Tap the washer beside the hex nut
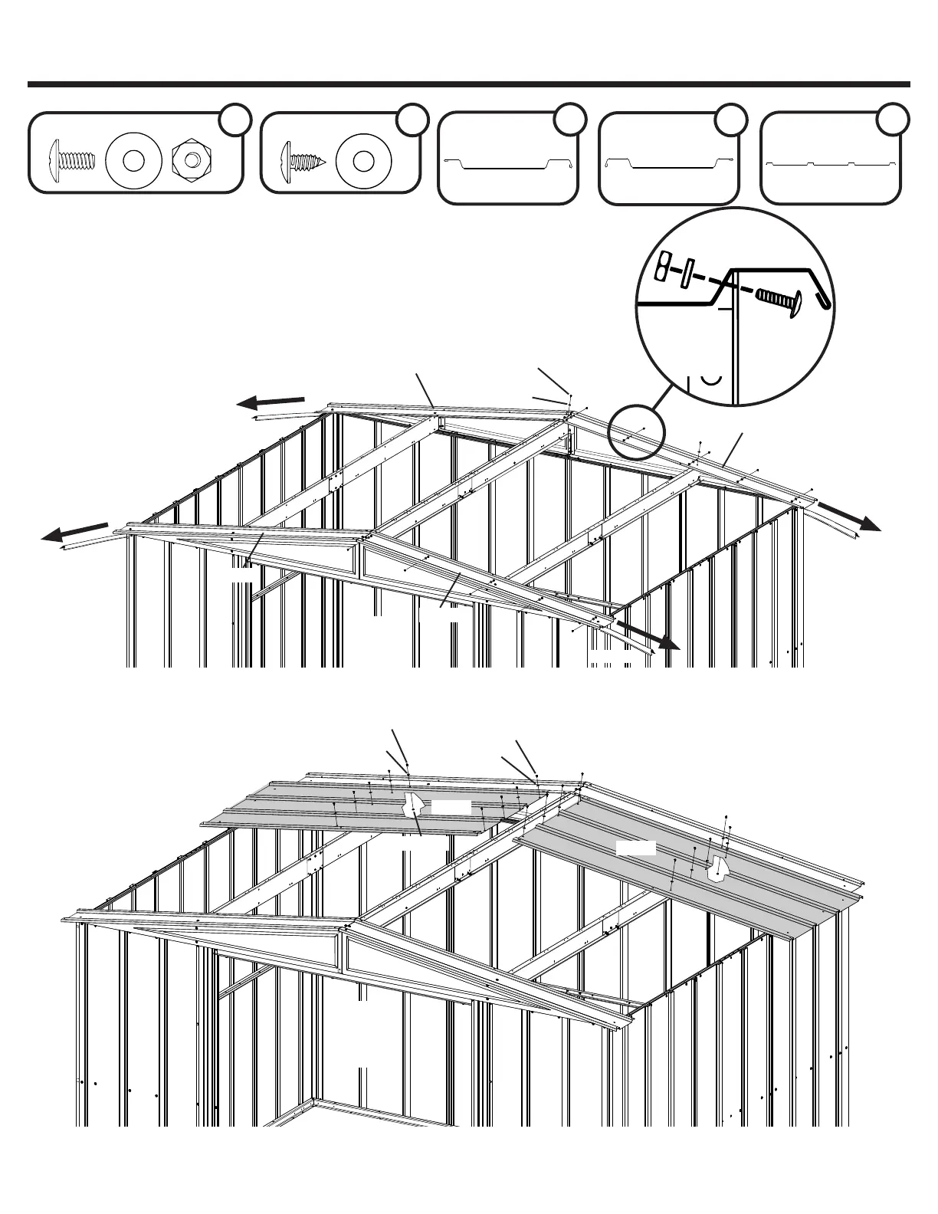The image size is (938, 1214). [x=133, y=160]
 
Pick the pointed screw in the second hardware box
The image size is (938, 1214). [x=305, y=160]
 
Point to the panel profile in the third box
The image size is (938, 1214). [x=508, y=162]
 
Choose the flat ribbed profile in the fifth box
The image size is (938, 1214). [x=830, y=163]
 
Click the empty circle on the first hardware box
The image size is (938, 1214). [x=236, y=119]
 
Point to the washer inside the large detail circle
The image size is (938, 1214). [x=687, y=272]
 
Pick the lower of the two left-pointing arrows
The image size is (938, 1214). [x=74, y=531]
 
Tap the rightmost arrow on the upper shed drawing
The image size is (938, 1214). [x=851, y=517]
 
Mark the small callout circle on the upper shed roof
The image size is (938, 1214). [x=636, y=437]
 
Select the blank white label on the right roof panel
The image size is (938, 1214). [x=636, y=848]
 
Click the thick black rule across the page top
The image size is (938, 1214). [x=469, y=84]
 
